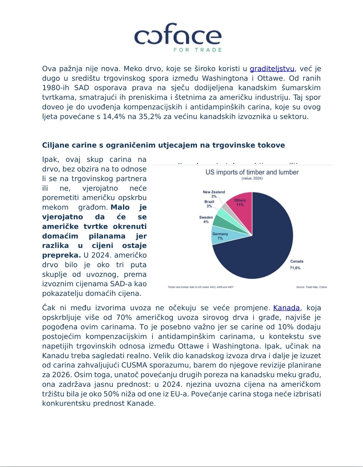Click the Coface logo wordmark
pos(178,35)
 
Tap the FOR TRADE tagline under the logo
pos(197,50)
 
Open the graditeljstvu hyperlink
pos(272,69)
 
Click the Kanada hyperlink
pos(286,308)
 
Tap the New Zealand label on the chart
pos(214,192)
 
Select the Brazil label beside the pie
pos(209,202)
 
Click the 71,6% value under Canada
pos(295,268)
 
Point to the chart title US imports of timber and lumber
pos(252,172)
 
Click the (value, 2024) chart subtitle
pos(252,178)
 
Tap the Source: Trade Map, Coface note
pos(311,287)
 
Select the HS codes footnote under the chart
pos(201,287)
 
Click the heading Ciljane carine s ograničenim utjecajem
pos(164,145)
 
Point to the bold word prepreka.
pos(61,255)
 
